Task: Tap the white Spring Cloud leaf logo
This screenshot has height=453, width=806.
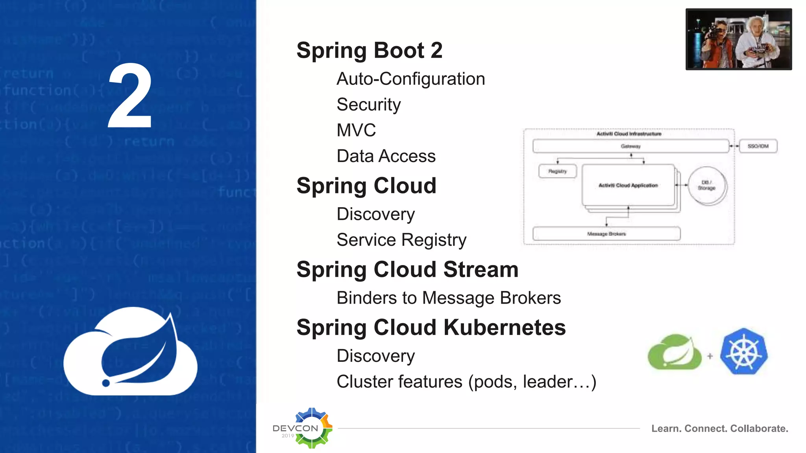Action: pos(130,352)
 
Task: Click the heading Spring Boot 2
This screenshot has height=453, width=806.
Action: pos(369,50)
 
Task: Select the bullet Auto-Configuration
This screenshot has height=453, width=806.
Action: pos(410,79)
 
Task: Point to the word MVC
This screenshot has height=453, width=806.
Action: pos(356,130)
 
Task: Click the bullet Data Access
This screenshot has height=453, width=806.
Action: pos(386,156)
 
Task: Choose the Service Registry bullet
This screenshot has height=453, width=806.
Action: pos(401,240)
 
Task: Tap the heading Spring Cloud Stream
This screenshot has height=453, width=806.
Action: pos(407,270)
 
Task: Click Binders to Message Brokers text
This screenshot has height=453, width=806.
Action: pos(448,298)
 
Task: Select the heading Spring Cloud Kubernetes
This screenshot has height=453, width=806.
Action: pos(431,328)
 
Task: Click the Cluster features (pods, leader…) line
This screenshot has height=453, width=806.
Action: pos(466,382)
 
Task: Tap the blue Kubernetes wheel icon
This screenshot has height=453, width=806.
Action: pos(743,352)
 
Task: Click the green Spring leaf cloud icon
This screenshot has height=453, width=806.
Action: pos(675,352)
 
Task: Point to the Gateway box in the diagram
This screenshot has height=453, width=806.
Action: pos(630,146)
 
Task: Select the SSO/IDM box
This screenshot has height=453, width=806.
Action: pos(758,146)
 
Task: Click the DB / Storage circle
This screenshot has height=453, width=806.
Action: pos(707,185)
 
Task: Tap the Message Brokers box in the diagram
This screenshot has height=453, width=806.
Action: pos(606,234)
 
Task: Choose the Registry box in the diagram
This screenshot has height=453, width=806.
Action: pos(557,171)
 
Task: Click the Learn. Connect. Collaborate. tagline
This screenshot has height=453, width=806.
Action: pos(719,429)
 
